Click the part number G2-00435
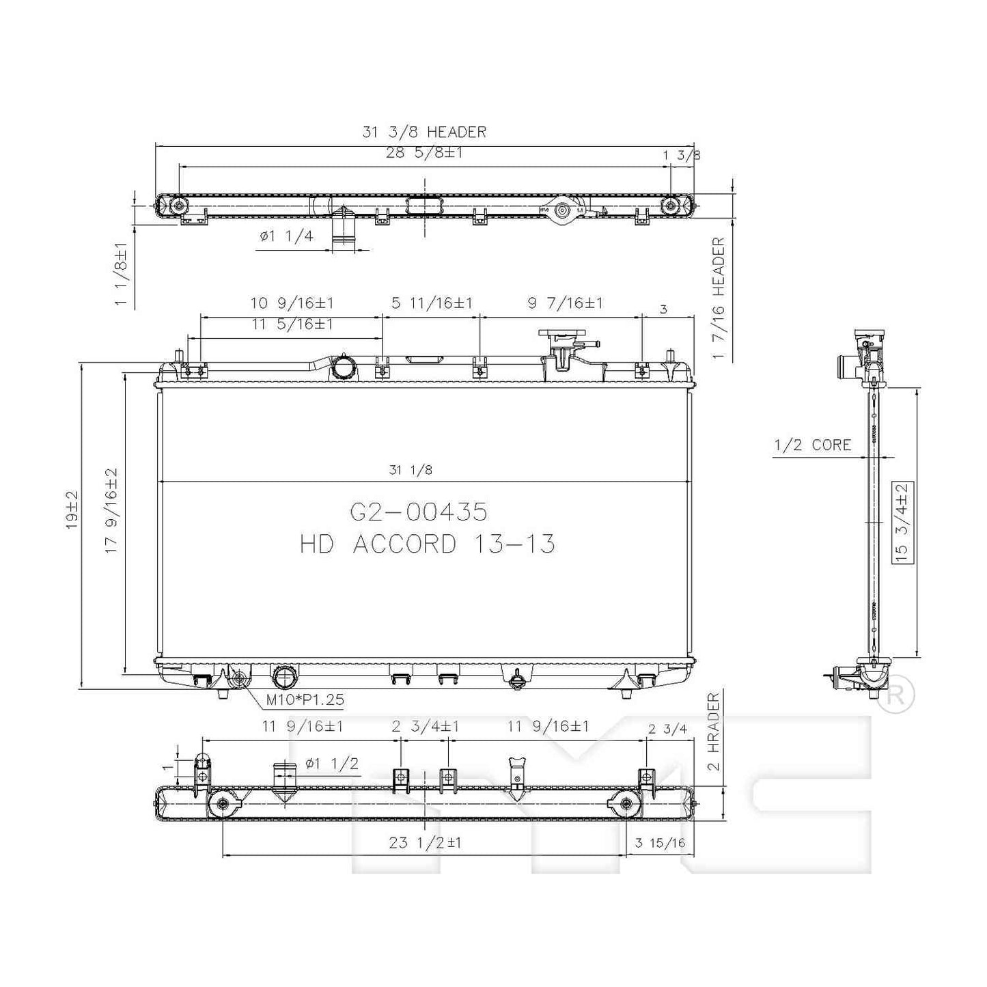pos(419,512)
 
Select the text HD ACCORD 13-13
pos(427,544)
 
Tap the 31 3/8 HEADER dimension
pos(424,132)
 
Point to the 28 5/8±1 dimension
pos(424,152)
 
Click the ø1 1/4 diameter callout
pos(286,236)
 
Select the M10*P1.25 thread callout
pos(305,699)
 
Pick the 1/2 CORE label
pos(812,445)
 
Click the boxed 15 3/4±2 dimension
pos(902,522)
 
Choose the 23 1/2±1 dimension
pos(425,843)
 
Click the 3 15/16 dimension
pos(660,843)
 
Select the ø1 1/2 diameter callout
pos(331,764)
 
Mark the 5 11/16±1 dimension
pos(432,303)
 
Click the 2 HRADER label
pos(714,732)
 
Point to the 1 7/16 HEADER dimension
pos(718,298)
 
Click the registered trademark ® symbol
pos(895,695)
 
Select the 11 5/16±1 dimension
pos(292,324)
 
